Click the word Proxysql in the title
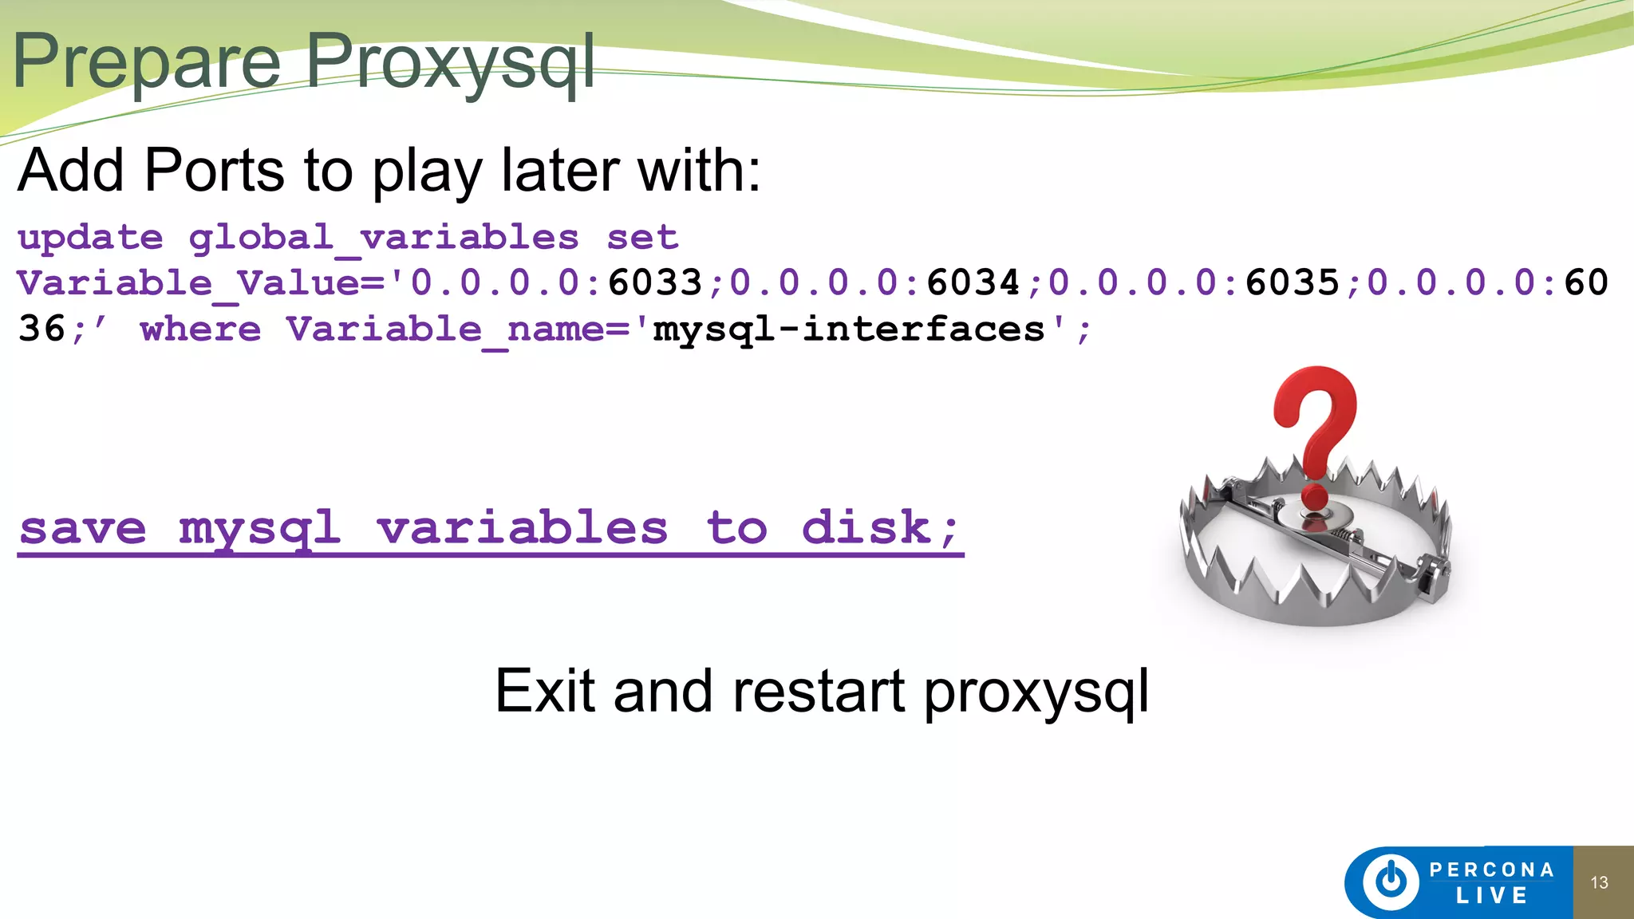click(451, 62)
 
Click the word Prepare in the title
click(147, 62)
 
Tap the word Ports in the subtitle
click(214, 171)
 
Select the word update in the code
click(90, 238)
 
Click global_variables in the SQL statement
click(384, 238)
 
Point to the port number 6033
click(655, 282)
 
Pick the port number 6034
click(973, 282)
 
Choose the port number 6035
click(1293, 282)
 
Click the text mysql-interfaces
click(849, 329)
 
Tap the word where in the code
click(200, 329)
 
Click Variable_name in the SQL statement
click(447, 329)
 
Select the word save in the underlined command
click(83, 528)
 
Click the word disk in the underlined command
click(866, 528)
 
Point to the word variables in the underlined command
click(522, 528)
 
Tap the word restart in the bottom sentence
click(819, 691)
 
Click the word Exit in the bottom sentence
click(544, 691)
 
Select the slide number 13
click(1599, 882)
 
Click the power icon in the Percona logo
click(1391, 882)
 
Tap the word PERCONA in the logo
click(1491, 870)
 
